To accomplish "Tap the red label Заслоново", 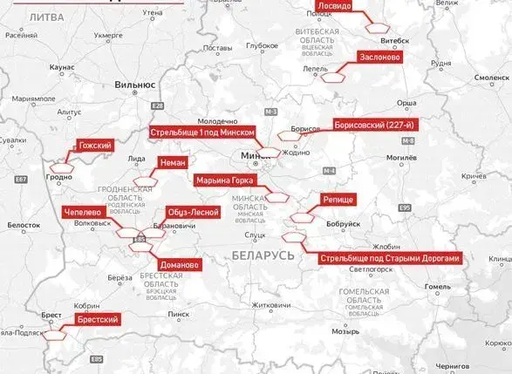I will coord(379,58).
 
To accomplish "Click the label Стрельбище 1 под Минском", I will coord(203,132).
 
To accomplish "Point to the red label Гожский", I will coord(94,145).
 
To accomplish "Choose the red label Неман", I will coord(173,162).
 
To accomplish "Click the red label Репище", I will coord(338,200).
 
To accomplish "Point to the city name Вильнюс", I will coord(133,85).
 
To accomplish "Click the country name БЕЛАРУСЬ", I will coord(263,254).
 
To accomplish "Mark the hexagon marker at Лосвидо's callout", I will coord(376,28).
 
